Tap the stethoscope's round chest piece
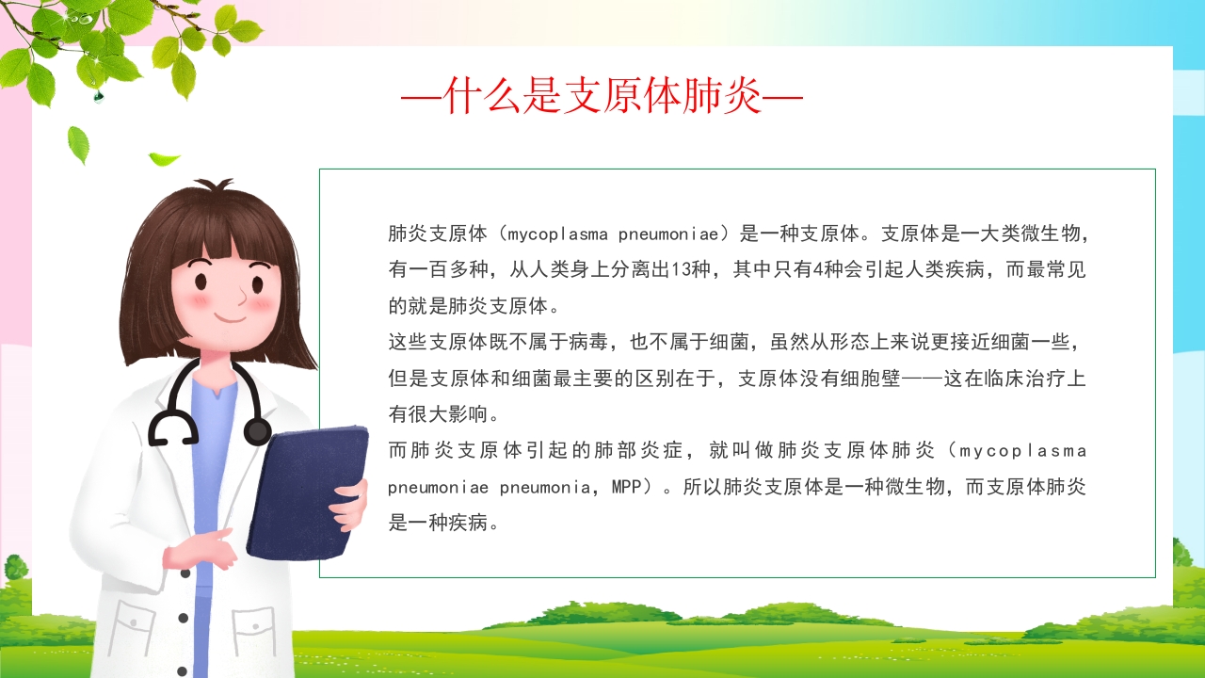[257, 431]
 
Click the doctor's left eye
[202, 282]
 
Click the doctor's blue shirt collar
[213, 394]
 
